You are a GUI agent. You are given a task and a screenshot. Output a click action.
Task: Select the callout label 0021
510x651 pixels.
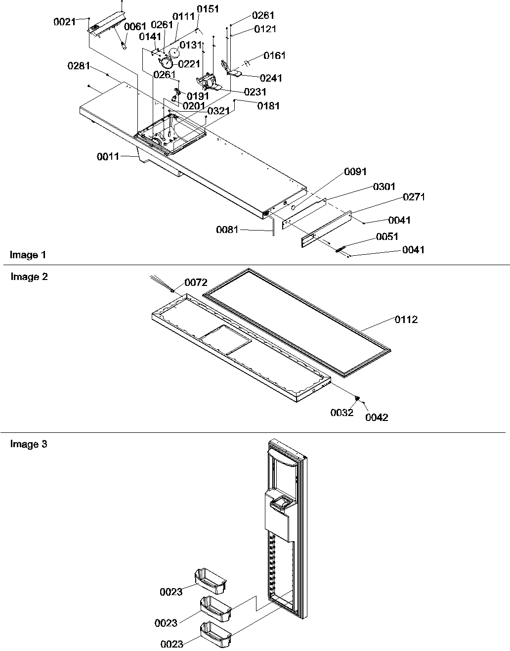click(64, 22)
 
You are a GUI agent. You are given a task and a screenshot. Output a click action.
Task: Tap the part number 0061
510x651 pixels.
click(134, 27)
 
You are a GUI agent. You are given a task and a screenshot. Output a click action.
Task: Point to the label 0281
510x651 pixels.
click(78, 66)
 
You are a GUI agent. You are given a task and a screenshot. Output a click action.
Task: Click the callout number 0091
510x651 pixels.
click(355, 172)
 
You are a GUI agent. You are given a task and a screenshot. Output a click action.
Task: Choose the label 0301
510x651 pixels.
click(384, 186)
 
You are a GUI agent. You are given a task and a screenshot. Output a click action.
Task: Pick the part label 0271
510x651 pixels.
click(414, 197)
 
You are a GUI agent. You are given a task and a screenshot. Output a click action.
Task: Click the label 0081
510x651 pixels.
click(227, 230)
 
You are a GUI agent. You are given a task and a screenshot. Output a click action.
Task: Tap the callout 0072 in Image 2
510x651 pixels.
click(196, 282)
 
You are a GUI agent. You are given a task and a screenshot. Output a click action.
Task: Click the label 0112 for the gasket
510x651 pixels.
click(406, 320)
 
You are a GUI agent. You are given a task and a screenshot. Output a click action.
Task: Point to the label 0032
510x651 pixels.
click(342, 413)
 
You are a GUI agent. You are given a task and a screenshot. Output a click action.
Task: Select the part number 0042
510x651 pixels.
click(377, 418)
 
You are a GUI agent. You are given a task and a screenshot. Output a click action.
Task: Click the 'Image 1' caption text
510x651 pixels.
click(28, 255)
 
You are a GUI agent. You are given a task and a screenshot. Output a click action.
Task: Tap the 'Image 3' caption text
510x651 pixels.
click(29, 444)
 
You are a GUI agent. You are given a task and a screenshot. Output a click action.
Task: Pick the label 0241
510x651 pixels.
click(271, 78)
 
